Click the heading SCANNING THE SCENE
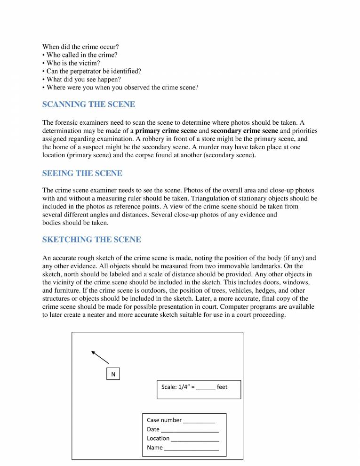[88, 104]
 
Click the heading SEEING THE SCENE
[82, 173]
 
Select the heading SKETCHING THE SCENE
[92, 240]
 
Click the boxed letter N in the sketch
[113, 374]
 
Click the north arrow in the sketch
[100, 358]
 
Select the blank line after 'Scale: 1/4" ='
[206, 388]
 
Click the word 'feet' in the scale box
[222, 387]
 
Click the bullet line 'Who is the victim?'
[73, 63]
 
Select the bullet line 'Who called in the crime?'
[80, 55]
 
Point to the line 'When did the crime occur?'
[80, 47]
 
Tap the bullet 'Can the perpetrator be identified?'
[92, 71]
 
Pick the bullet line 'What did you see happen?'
[82, 80]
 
